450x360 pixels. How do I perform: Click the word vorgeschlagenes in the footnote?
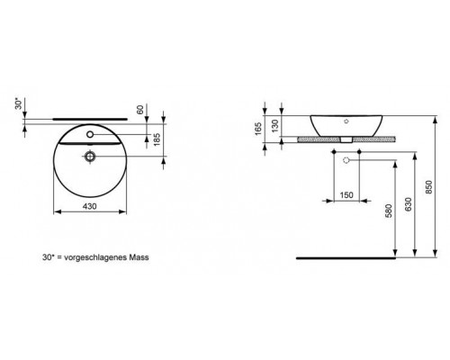pyautogui.click(x=97, y=256)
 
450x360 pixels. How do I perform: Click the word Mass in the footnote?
pyautogui.click(x=138, y=256)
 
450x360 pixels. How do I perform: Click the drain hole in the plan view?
pyautogui.click(x=91, y=157)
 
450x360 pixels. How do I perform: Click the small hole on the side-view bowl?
pyautogui.click(x=347, y=121)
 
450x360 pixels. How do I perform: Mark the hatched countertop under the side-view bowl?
pyautogui.click(x=315, y=139)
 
